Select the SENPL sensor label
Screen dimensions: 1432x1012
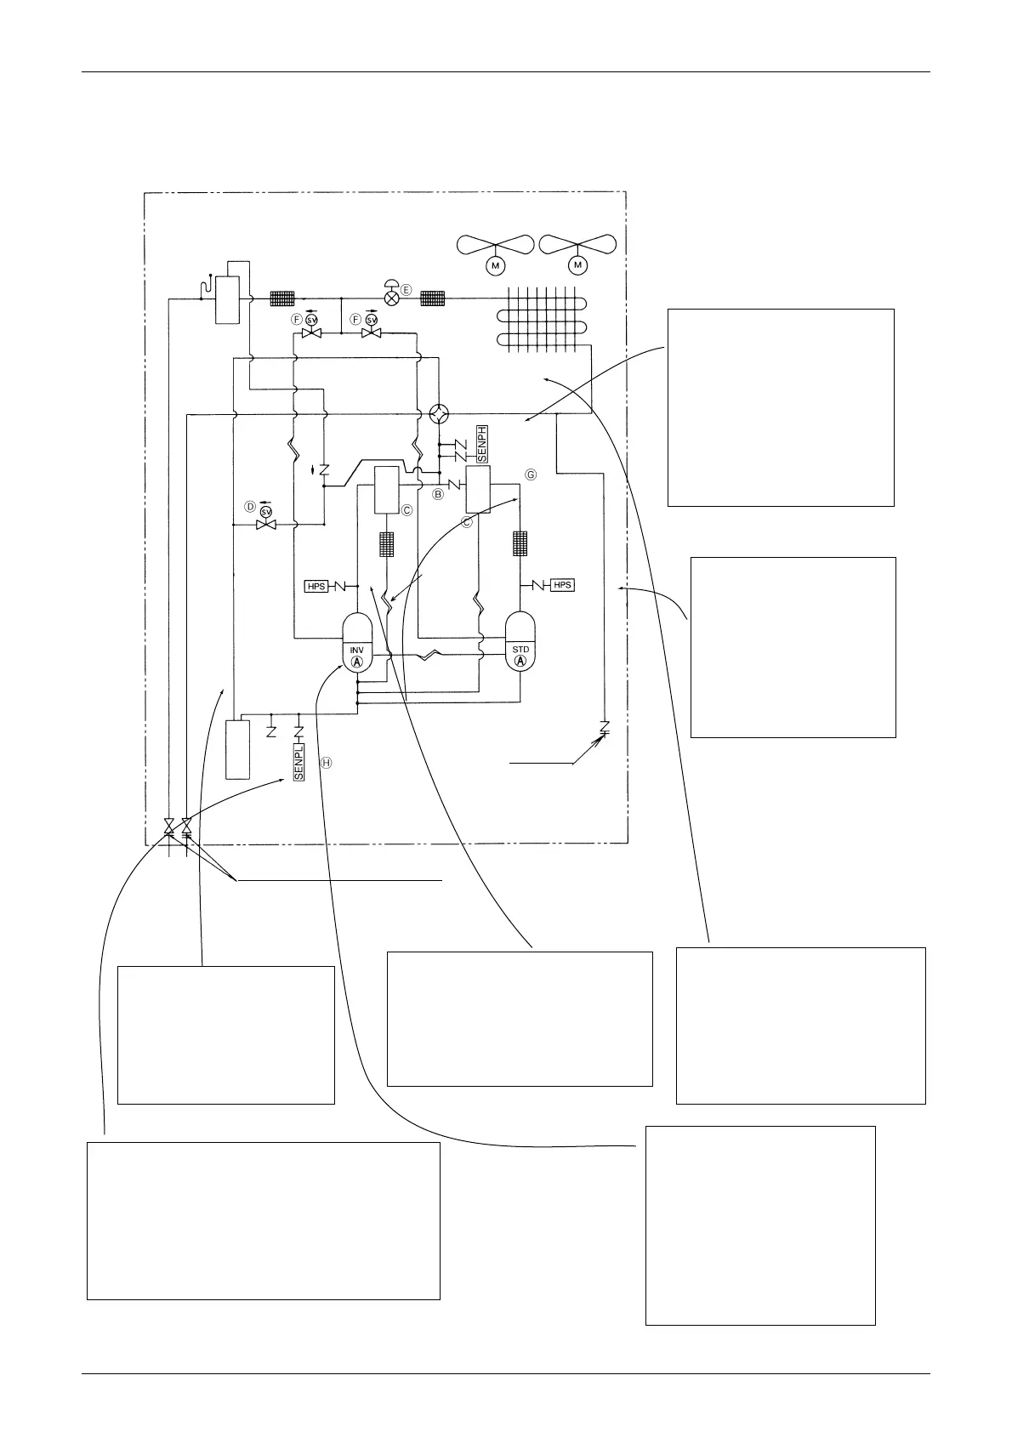tap(298, 764)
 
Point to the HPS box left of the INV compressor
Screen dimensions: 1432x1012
tap(316, 587)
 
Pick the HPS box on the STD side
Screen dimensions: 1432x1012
tap(562, 585)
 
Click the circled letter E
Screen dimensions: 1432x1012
tap(407, 291)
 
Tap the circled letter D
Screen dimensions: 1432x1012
tap(250, 506)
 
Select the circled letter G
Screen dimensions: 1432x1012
tap(532, 474)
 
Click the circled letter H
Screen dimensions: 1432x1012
tap(327, 763)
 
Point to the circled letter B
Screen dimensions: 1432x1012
tap(439, 493)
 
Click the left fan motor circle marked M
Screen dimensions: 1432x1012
tap(495, 266)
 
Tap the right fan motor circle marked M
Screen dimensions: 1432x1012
tap(578, 266)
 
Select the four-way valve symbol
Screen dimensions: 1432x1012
tap(439, 413)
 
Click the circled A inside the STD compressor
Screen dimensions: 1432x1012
tap(521, 662)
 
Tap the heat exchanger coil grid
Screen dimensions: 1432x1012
tap(543, 319)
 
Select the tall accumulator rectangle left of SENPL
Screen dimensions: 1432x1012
tap(237, 748)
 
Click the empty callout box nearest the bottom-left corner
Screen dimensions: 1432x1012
tap(264, 1220)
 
